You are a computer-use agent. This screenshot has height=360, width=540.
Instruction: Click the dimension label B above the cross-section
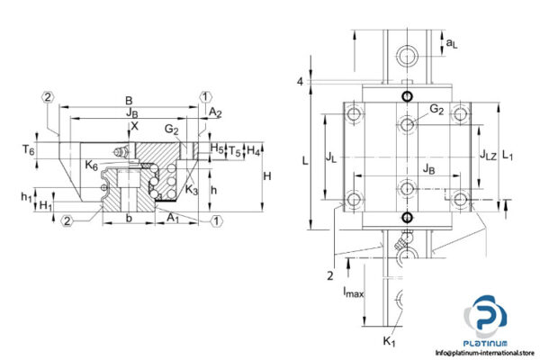tap(129, 102)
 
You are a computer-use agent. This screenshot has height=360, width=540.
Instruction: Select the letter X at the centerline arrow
tap(135, 127)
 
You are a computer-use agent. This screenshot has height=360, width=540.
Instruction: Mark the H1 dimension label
tap(45, 206)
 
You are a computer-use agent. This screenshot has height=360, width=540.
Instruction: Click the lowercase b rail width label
tap(130, 219)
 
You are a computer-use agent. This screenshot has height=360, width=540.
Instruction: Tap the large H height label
tap(267, 177)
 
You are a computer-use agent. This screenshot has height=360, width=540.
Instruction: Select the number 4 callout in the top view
tap(301, 81)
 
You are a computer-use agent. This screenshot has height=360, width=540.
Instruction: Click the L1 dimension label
tap(508, 155)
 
